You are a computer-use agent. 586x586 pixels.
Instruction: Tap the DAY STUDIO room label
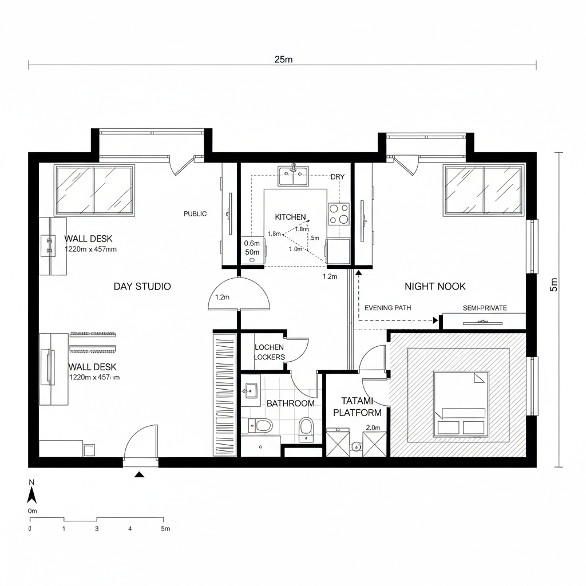[x=142, y=286]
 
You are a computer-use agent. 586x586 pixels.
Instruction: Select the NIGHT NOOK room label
[x=435, y=286]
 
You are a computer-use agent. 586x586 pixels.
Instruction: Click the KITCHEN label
[x=290, y=217]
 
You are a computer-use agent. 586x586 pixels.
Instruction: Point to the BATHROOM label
[x=290, y=403]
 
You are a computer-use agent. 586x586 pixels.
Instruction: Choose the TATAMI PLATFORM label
[x=357, y=406]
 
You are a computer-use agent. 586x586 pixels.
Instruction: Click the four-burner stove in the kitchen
[x=339, y=214]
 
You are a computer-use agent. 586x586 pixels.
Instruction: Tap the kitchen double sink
[x=293, y=176]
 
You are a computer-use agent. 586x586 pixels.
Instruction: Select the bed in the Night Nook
[x=461, y=403]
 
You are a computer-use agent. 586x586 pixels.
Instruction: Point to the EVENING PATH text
[x=387, y=308]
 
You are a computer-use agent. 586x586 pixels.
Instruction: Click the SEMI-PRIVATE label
[x=485, y=308]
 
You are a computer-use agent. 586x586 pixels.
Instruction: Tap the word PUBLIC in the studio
[x=195, y=213]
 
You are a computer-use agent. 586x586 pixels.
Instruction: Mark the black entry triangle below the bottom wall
[x=138, y=474]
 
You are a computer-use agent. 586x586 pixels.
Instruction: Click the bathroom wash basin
[x=250, y=392]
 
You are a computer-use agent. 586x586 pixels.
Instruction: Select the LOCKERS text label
[x=269, y=357]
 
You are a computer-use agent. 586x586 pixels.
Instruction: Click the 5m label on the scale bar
[x=165, y=529]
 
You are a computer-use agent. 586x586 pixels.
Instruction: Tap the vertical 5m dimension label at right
[x=553, y=284]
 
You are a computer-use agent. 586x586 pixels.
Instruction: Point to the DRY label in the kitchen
[x=338, y=177]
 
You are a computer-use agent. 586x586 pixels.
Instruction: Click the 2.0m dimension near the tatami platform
[x=373, y=427]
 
